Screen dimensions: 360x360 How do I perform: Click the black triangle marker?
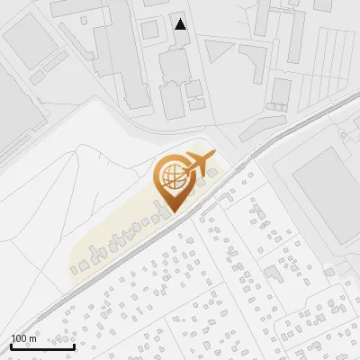point(181,24)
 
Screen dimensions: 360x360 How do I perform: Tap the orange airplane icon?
point(200,163)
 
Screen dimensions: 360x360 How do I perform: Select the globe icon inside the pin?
point(171,176)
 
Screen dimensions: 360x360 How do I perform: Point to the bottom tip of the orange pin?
point(171,212)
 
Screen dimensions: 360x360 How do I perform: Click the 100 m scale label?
point(23,338)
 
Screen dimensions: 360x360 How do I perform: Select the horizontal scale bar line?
point(42,346)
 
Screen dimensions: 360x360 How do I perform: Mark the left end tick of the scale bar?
point(11,345)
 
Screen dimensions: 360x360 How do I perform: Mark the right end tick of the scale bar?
point(74,345)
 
